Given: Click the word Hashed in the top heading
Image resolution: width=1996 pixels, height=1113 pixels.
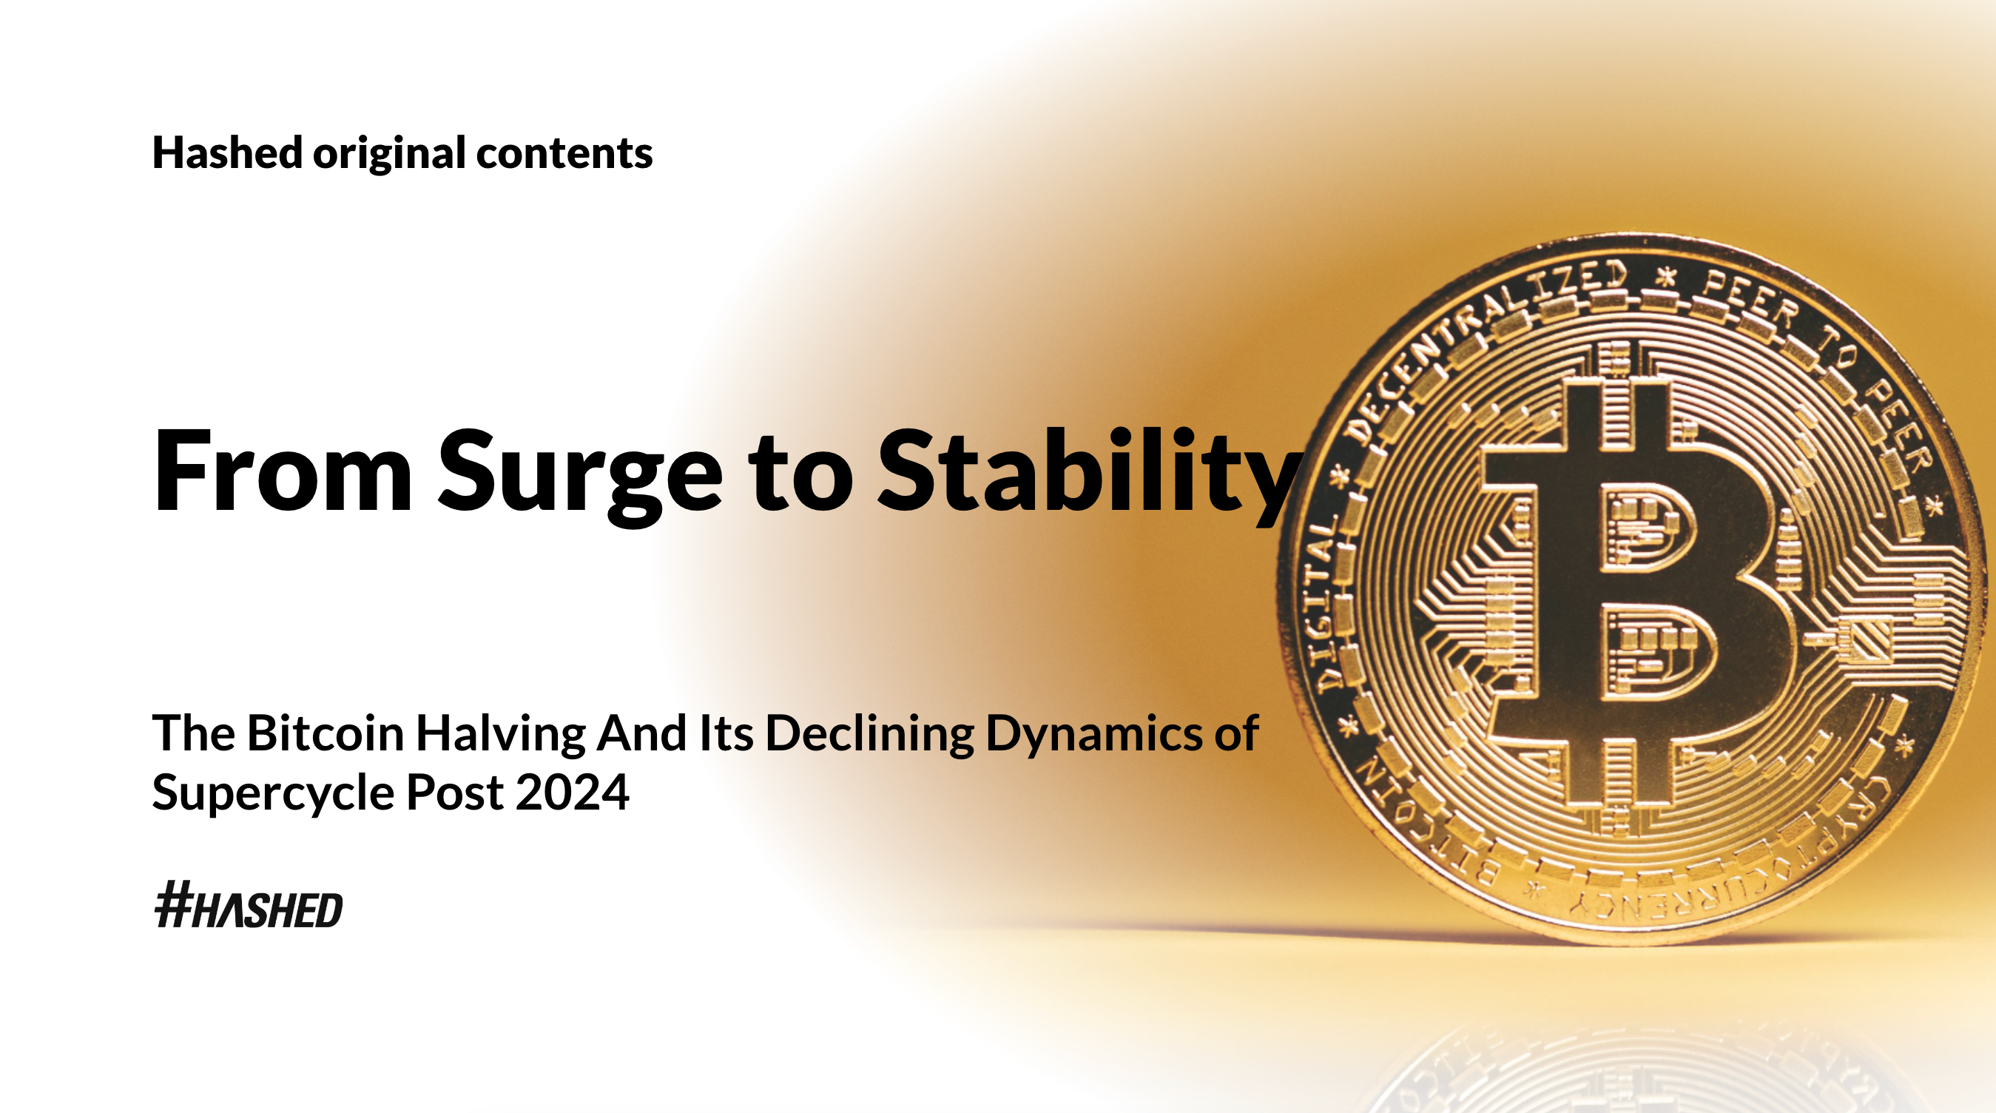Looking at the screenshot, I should click(227, 152).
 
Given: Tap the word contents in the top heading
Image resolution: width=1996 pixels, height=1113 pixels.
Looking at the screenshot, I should click(564, 153).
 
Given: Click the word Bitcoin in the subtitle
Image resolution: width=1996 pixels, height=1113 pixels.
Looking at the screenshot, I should click(326, 733).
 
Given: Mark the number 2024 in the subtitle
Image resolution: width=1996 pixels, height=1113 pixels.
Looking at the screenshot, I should click(573, 792).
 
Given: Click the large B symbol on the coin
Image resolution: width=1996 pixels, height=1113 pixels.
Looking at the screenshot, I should click(1635, 593).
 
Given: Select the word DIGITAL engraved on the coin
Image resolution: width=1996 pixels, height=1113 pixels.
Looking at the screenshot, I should click(1325, 605).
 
